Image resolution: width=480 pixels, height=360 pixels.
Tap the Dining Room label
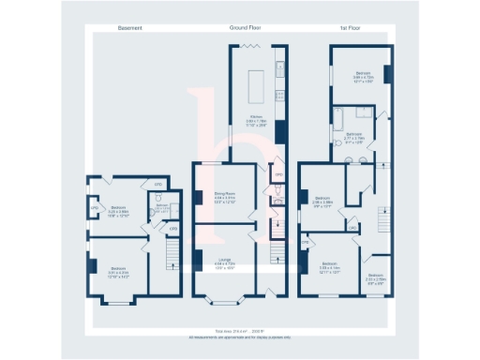(224, 196)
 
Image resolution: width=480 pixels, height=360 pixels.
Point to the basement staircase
(171, 254)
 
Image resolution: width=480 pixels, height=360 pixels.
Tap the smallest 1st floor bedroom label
(376, 278)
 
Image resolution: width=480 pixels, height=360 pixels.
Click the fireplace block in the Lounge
(197, 258)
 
